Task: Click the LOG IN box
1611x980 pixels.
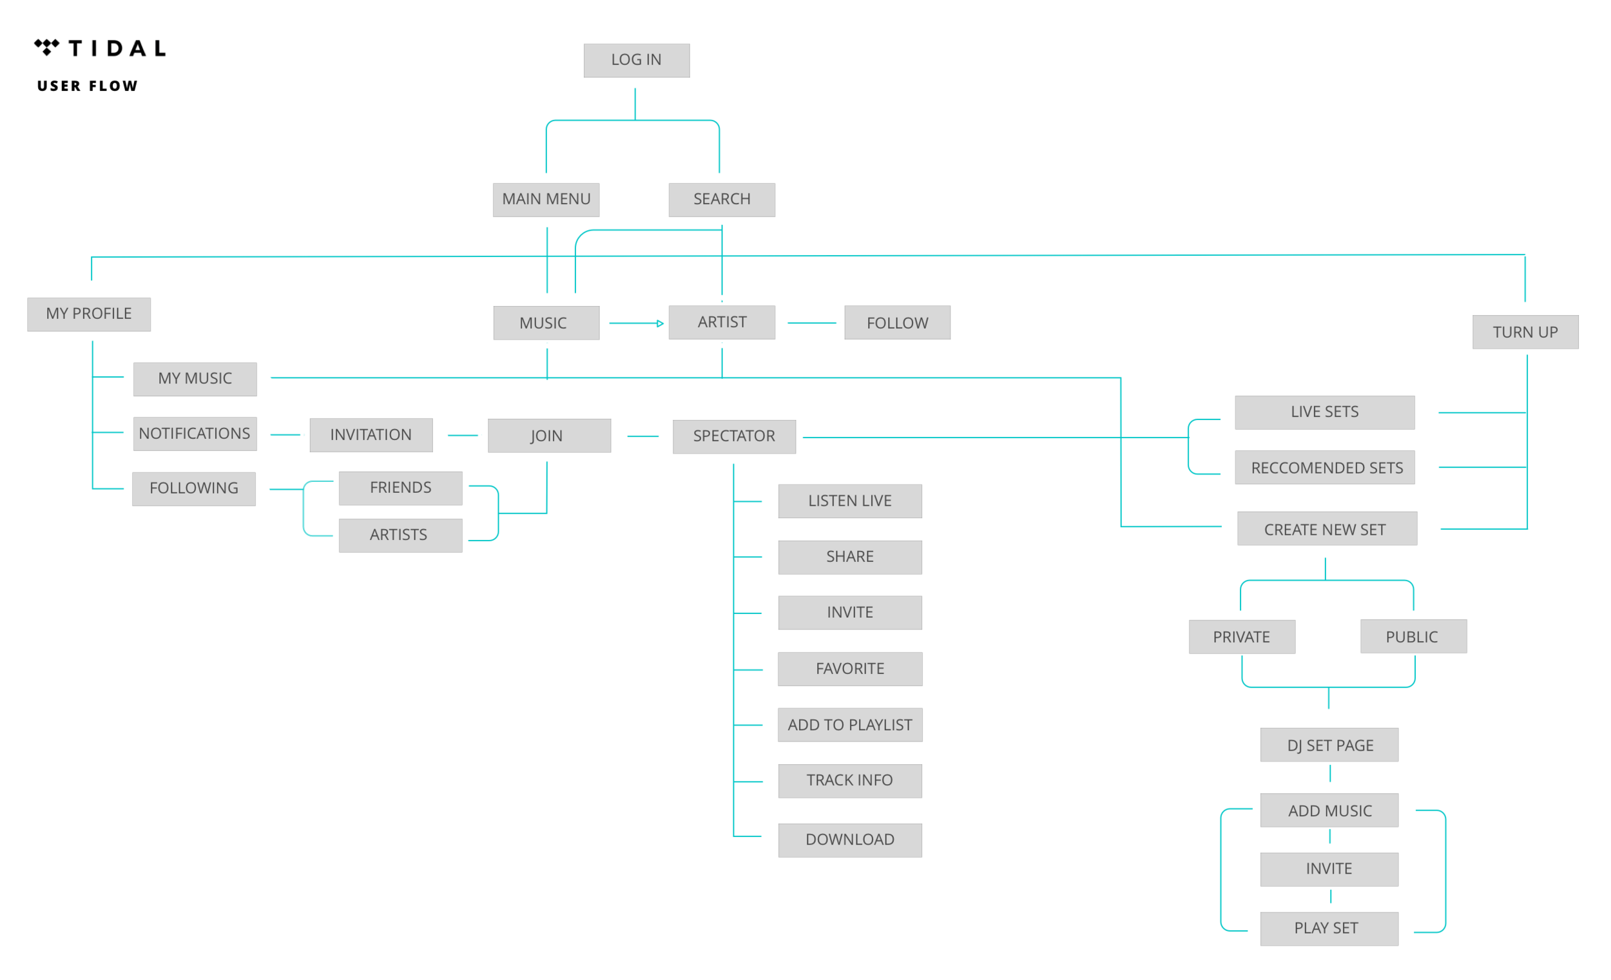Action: click(x=636, y=60)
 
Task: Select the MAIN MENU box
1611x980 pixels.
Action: click(x=546, y=199)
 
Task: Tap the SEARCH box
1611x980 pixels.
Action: click(x=722, y=199)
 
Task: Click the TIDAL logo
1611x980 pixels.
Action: click(x=100, y=48)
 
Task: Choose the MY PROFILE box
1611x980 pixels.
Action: click(x=89, y=314)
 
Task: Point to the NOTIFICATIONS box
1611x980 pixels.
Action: click(x=194, y=434)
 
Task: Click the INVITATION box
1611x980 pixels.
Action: click(x=371, y=435)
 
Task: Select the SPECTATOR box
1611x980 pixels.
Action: click(x=733, y=436)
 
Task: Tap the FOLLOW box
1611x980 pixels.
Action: click(x=897, y=323)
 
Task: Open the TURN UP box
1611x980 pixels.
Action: click(x=1525, y=332)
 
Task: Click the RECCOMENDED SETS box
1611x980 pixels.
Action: click(x=1327, y=468)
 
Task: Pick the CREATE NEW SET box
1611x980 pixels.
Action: click(x=1326, y=530)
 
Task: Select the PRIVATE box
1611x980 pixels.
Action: click(x=1241, y=637)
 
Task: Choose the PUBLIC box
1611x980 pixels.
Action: click(x=1413, y=637)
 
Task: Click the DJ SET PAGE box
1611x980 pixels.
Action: click(x=1330, y=745)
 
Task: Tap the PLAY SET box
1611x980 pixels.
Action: click(x=1327, y=928)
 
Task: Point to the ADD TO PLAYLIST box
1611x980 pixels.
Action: click(x=849, y=725)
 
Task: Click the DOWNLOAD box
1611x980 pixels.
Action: click(x=849, y=840)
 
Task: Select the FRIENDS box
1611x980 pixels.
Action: click(x=400, y=488)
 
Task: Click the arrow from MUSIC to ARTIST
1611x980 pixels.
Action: click(x=633, y=323)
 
